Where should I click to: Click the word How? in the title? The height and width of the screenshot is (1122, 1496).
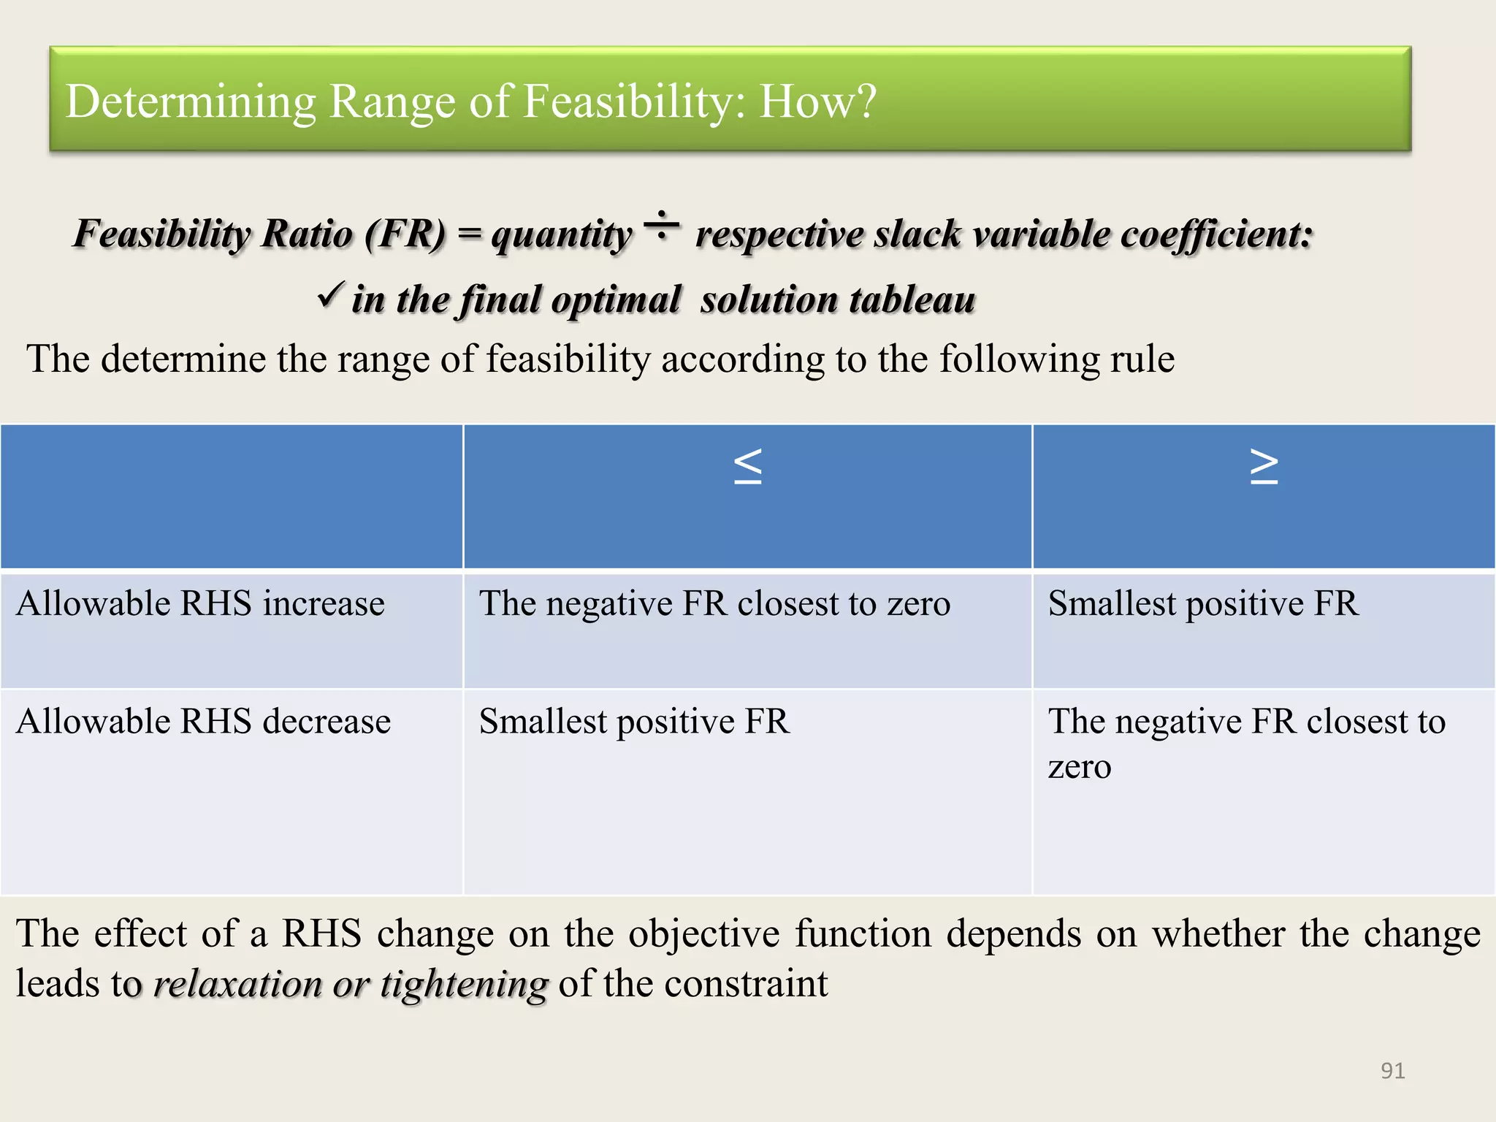[x=817, y=101]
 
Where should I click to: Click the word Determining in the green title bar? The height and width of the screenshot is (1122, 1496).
[x=191, y=102]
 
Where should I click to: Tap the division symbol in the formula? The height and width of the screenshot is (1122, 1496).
[x=662, y=226]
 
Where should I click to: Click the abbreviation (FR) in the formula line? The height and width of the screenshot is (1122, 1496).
[x=405, y=234]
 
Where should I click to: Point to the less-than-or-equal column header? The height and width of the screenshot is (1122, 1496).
[x=747, y=466]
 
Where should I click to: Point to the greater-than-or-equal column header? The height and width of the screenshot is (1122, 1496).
[x=1264, y=466]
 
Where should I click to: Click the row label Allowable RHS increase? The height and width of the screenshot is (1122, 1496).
[x=200, y=604]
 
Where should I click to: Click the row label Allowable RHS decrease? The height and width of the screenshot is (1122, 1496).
[x=203, y=722]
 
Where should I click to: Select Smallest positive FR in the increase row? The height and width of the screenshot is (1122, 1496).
[x=1203, y=604]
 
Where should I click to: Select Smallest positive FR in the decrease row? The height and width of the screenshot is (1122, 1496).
[x=634, y=722]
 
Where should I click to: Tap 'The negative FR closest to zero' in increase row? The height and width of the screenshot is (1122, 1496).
[x=714, y=604]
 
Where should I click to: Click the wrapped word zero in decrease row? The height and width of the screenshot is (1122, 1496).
[x=1080, y=767]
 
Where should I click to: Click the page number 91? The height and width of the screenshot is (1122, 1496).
[x=1392, y=1070]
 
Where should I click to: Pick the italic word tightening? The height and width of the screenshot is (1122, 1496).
[x=464, y=985]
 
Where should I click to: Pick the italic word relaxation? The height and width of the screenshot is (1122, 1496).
[x=237, y=985]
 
